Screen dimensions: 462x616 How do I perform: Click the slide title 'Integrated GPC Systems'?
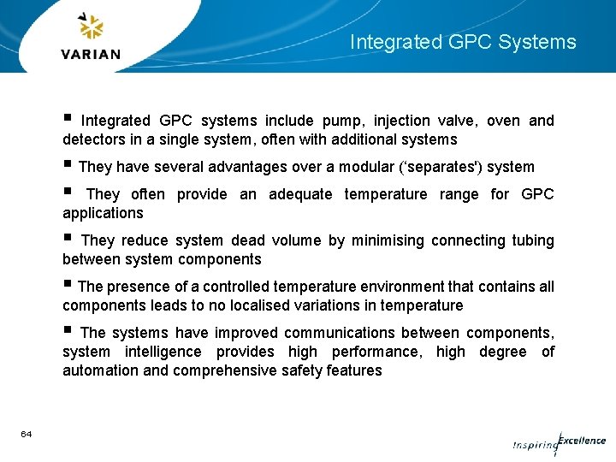463,42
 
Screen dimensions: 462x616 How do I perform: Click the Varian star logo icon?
91,28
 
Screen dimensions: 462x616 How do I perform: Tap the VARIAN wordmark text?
91,54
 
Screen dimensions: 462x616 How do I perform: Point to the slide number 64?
27,435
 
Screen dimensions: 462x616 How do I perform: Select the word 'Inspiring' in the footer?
535,445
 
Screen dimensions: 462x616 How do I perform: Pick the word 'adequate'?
300,194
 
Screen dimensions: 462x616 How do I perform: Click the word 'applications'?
103,213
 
